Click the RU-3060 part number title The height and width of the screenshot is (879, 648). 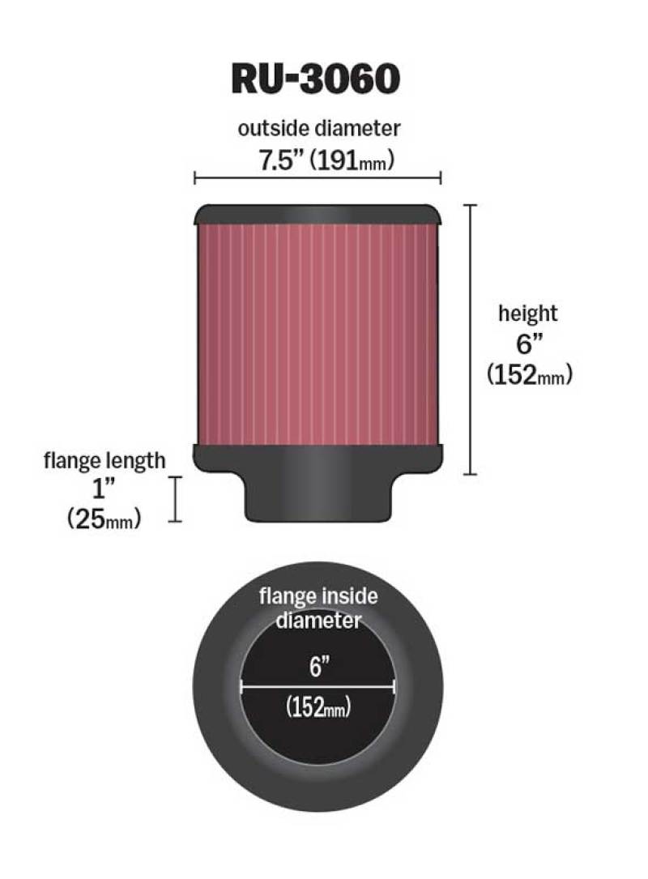pos(316,79)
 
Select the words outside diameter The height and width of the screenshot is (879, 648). pos(319,128)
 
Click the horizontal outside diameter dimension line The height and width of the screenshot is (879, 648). pos(318,178)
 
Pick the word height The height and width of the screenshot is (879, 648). pos(527,314)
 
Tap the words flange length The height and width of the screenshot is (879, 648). pos(104,461)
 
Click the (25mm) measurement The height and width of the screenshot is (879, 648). pos(104,519)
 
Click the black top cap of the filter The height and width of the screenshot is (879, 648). pos(318,214)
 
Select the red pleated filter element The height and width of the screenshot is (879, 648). pos(318,332)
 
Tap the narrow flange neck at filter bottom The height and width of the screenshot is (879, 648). pos(318,498)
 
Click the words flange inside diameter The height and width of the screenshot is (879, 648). pos(318,608)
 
